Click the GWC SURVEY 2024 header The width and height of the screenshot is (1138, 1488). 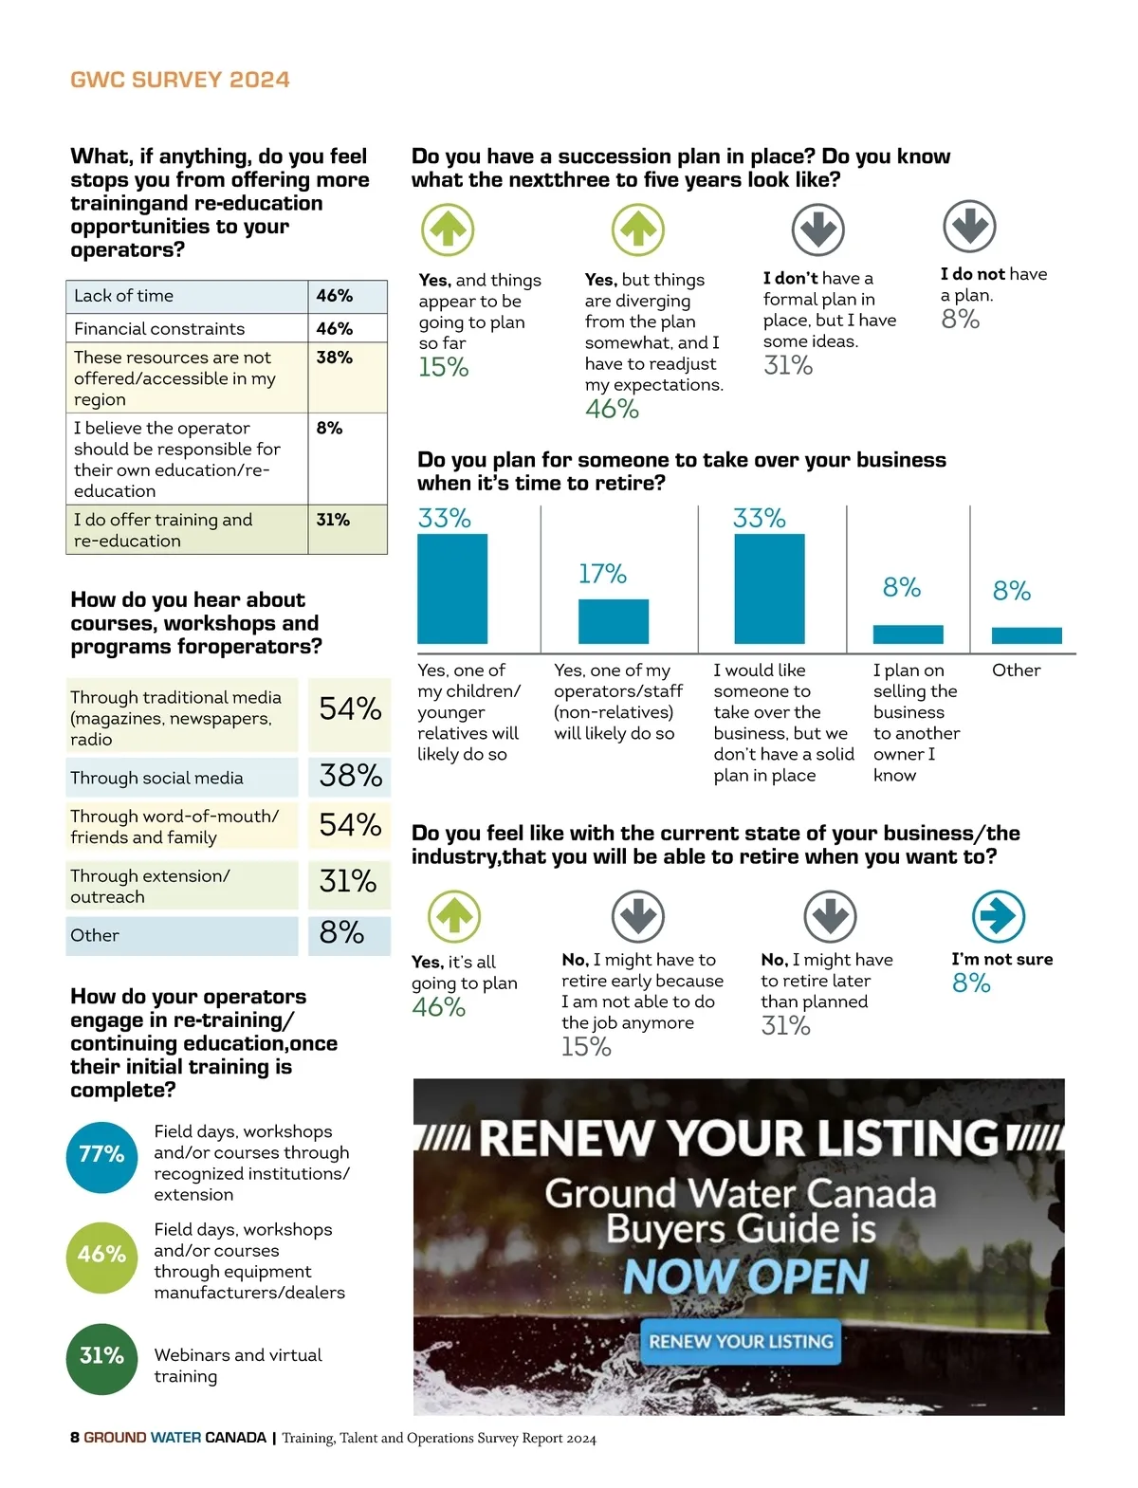tap(180, 80)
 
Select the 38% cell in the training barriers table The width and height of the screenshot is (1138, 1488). tap(335, 358)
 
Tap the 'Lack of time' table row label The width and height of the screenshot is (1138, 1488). tap(124, 296)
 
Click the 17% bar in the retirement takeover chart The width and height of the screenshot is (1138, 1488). tap(614, 621)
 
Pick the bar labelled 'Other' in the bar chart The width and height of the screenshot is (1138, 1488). tap(1026, 635)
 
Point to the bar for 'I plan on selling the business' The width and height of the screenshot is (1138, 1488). tap(908, 634)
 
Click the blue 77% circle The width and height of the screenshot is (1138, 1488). tap(101, 1154)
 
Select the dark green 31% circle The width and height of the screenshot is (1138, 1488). tap(101, 1357)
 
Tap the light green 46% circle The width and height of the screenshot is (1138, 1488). tap(101, 1256)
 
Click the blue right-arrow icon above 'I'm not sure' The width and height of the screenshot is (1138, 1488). tap(999, 916)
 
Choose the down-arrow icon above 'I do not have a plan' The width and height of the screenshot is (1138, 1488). tap(969, 227)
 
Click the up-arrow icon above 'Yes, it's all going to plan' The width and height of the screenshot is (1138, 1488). tap(454, 916)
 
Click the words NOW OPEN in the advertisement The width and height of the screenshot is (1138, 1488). tap(745, 1277)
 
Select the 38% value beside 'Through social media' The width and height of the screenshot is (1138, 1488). tap(350, 776)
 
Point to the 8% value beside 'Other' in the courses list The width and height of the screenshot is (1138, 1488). tap(341, 933)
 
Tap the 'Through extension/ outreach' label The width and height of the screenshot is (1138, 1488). tap(150, 886)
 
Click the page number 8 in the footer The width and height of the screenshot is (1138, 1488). tap(75, 1438)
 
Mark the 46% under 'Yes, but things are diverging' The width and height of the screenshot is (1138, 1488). tap(612, 409)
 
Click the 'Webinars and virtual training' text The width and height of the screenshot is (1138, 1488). tap(238, 1366)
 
